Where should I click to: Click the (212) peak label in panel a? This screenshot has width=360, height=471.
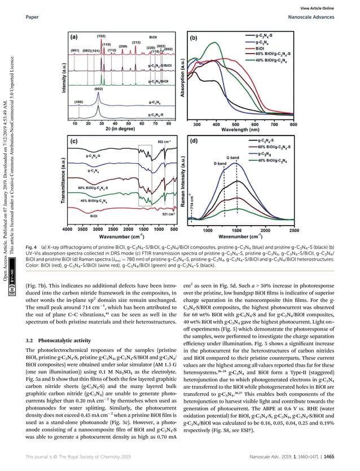point(136,42)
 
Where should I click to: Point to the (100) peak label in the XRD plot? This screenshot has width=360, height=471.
point(80,102)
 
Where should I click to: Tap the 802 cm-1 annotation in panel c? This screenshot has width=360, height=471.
point(164,141)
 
